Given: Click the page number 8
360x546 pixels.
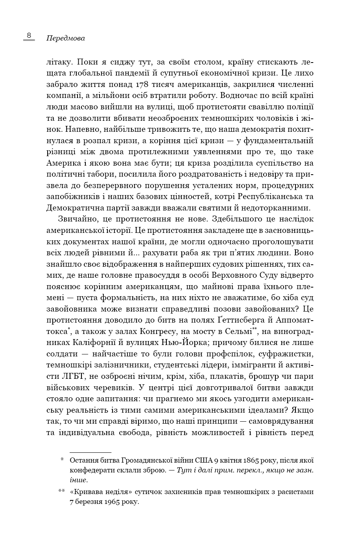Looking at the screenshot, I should pos(29,35).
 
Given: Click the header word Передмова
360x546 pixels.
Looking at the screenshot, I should pos(65,39).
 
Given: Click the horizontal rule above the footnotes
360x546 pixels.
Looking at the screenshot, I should pos(90,453).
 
